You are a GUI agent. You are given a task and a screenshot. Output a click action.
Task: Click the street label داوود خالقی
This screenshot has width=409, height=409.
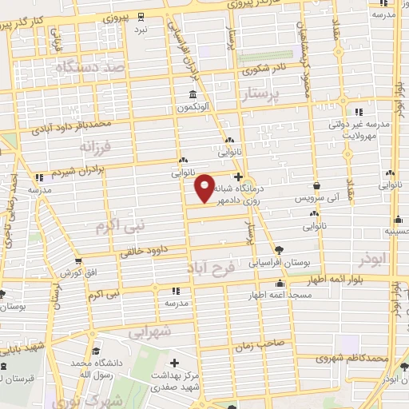click(x=148, y=250)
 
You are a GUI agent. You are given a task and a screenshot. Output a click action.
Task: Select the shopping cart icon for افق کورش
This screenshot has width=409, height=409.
click(x=77, y=260)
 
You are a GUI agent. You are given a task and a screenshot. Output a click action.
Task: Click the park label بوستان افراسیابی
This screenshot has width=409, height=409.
click(x=276, y=261)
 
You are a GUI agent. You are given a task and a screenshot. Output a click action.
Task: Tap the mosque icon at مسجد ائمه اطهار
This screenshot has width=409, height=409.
click(x=280, y=284)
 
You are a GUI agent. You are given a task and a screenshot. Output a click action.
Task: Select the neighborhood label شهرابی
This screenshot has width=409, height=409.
click(x=149, y=330)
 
